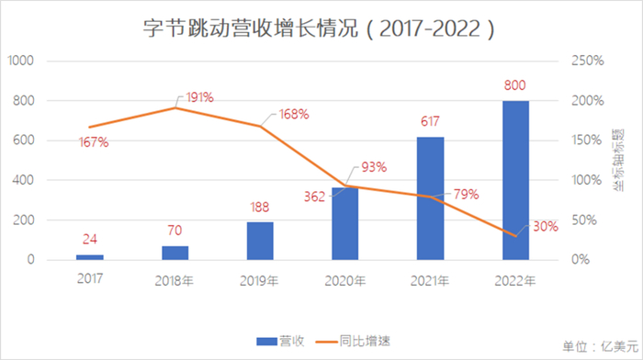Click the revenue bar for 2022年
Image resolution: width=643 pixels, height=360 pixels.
(515, 180)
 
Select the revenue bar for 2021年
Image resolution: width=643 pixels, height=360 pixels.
(430, 198)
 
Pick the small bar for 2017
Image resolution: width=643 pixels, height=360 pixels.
(90, 256)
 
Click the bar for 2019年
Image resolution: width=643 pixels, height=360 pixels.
(260, 241)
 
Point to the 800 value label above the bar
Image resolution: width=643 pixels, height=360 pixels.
(515, 86)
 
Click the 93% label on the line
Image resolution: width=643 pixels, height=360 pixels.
(373, 168)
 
